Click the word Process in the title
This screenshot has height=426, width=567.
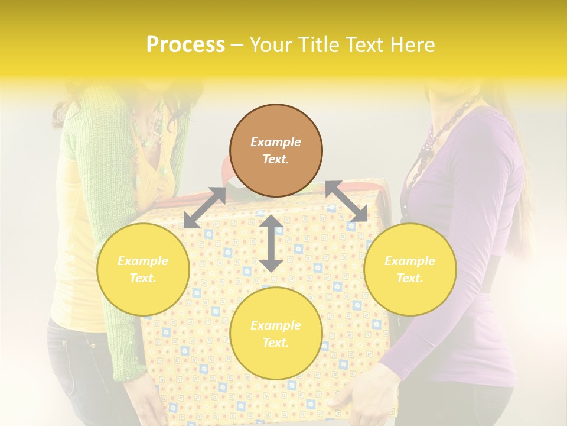[185, 45]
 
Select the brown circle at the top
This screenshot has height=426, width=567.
[276, 150]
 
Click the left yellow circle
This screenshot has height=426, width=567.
[143, 269]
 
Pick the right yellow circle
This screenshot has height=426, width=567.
[410, 269]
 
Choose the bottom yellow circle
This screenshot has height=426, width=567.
[276, 334]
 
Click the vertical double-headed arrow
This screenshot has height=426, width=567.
[271, 243]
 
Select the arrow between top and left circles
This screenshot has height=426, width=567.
[204, 208]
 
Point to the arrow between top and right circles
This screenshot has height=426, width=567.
[346, 202]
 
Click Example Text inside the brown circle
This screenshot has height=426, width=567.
[276, 150]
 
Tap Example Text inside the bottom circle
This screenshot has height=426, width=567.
[276, 334]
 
